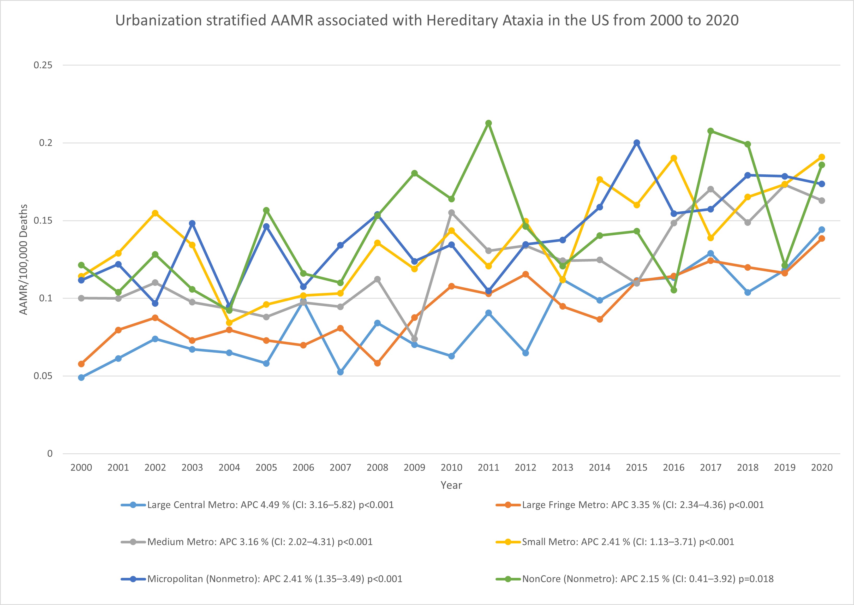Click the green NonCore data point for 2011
click(x=488, y=123)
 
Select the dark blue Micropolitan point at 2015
click(x=636, y=143)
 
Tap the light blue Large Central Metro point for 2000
click(x=81, y=377)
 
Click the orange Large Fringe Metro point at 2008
click(x=377, y=363)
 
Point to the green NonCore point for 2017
click(x=710, y=131)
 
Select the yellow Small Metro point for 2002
click(x=155, y=213)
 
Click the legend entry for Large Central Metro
click(x=270, y=505)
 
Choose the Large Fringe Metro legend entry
click(x=642, y=505)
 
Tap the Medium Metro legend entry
click(x=260, y=542)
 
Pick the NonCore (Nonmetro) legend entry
click(x=647, y=579)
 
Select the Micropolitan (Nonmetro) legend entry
click(x=274, y=579)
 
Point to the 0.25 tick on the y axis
click(x=43, y=65)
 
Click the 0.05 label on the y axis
click(x=43, y=376)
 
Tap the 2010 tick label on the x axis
click(x=451, y=467)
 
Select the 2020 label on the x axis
click(x=822, y=467)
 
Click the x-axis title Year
click(x=451, y=485)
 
